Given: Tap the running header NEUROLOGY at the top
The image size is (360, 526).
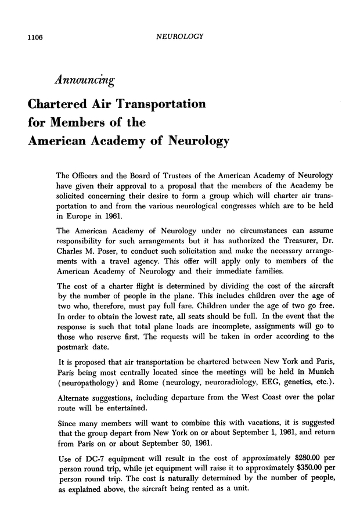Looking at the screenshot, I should (x=179, y=38).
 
